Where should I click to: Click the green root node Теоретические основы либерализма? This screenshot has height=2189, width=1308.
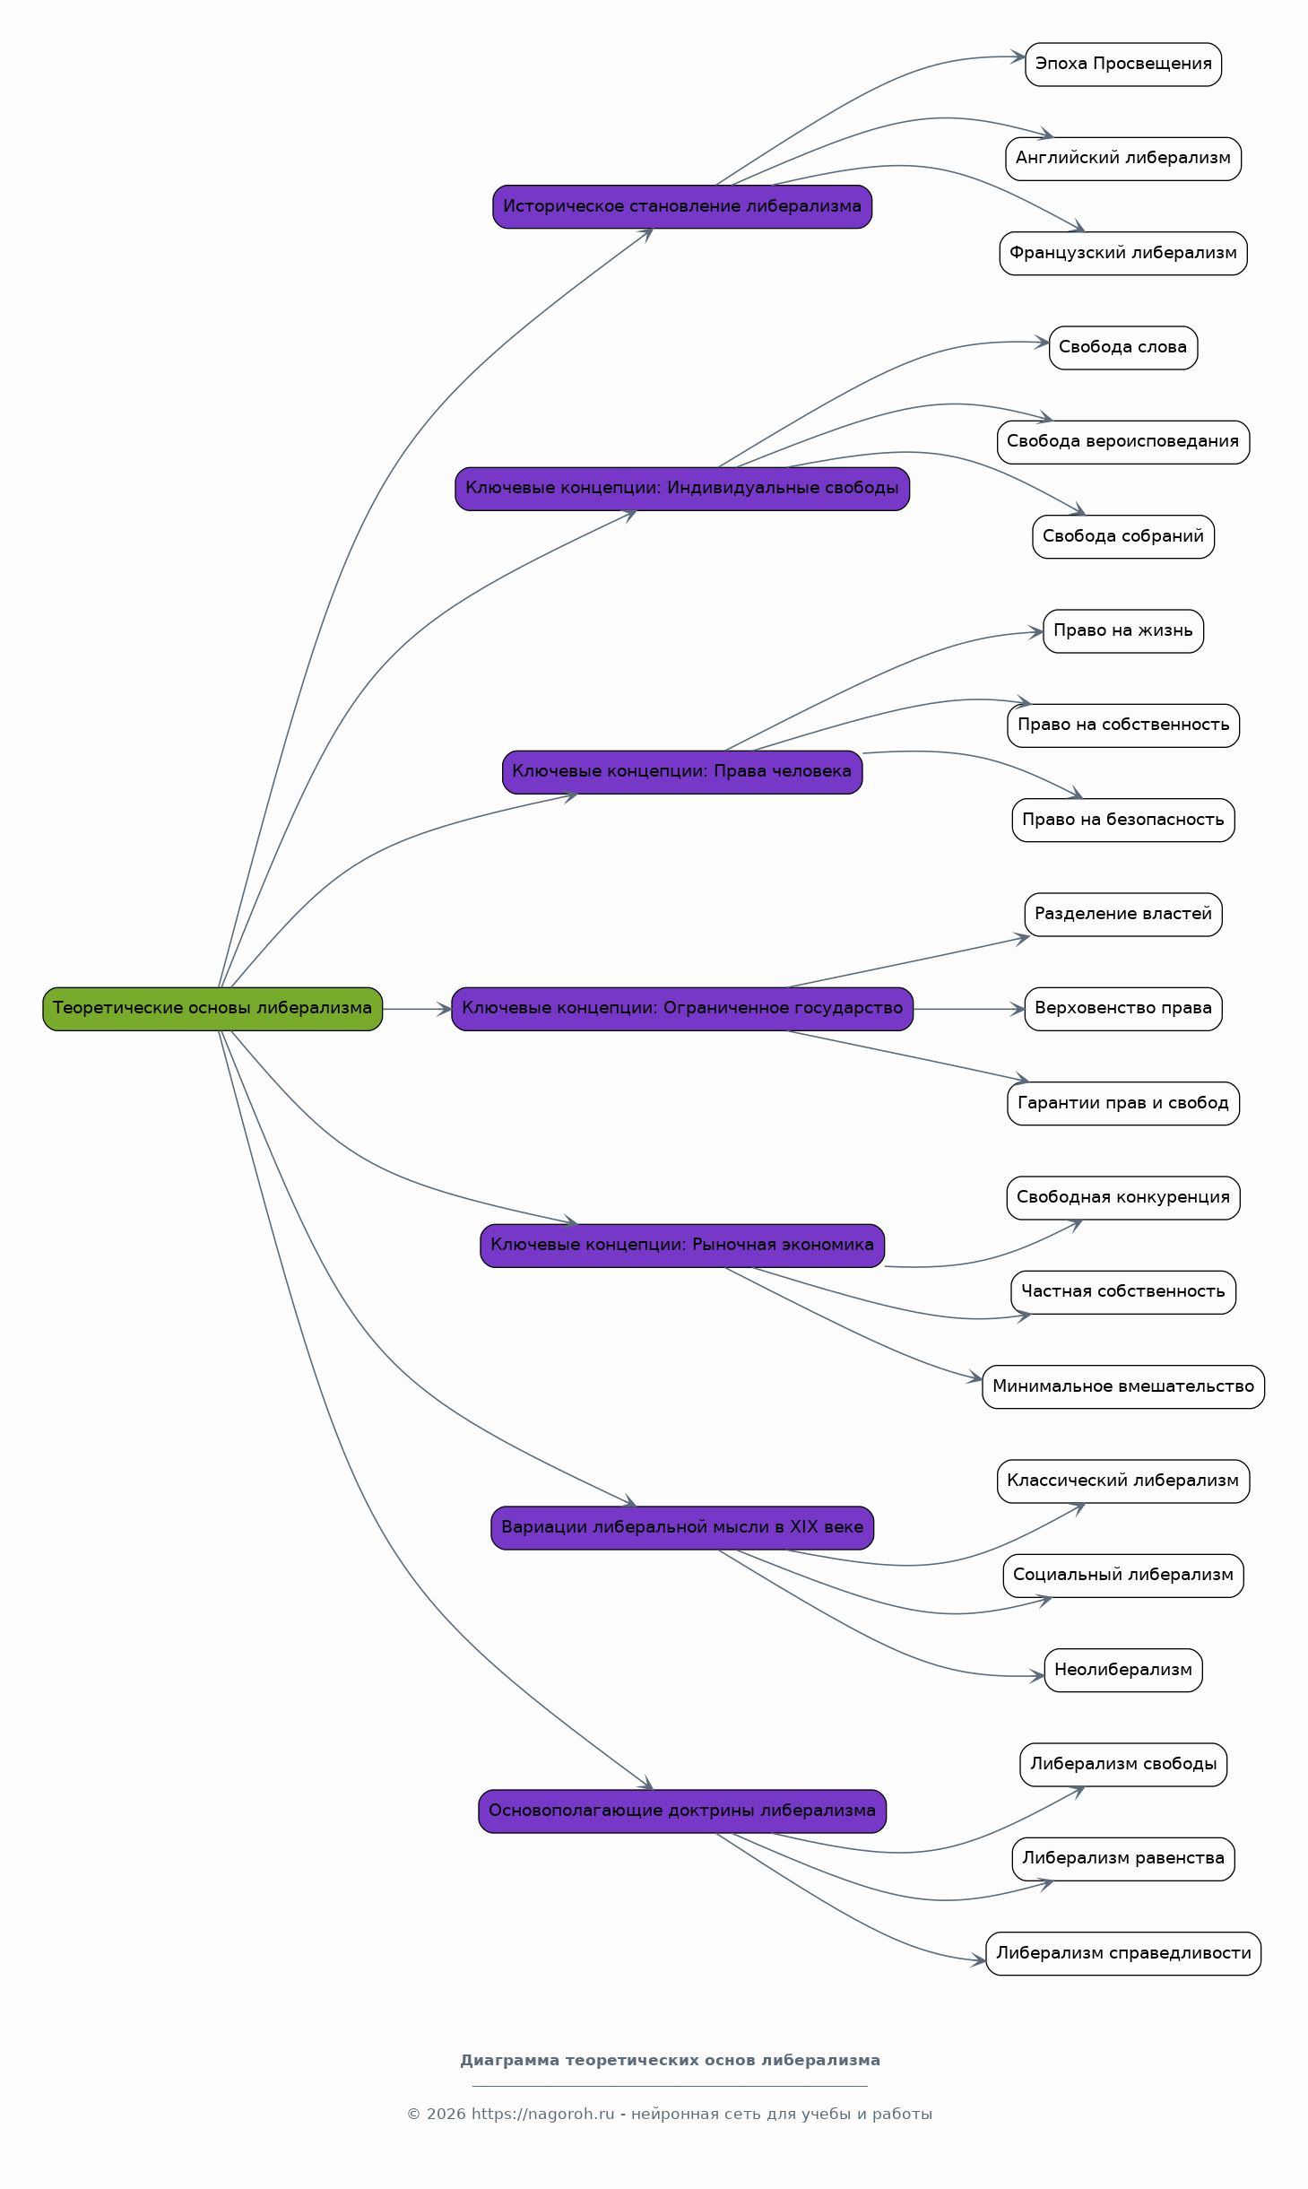212,1009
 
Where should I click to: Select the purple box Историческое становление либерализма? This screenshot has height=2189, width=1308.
682,207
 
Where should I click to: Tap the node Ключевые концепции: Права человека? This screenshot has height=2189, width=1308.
682,772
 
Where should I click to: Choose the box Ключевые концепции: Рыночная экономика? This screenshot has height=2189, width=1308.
682,1246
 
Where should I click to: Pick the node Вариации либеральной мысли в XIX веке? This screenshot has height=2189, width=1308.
682,1528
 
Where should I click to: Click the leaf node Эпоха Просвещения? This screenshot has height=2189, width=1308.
1123,65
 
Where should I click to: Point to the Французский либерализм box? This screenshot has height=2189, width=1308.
1123,254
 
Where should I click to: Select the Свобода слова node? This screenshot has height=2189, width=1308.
1123,348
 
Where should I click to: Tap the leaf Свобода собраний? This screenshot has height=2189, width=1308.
1123,537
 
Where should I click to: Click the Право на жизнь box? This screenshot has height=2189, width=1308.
1123,631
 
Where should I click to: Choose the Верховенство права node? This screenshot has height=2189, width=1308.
1123,1009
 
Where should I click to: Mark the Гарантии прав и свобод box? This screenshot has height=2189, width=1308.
1123,1103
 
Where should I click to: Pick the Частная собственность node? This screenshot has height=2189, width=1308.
1123,1292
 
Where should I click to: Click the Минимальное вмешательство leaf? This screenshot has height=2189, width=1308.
1123,1386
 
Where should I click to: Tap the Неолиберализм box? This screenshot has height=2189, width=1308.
1123,1670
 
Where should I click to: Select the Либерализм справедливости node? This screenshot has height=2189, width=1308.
1123,1953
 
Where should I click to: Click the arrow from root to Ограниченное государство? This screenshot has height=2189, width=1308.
417,1009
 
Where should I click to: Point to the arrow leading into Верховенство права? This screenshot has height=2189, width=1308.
969,1009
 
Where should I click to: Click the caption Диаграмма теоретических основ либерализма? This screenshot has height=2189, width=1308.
670,2060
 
